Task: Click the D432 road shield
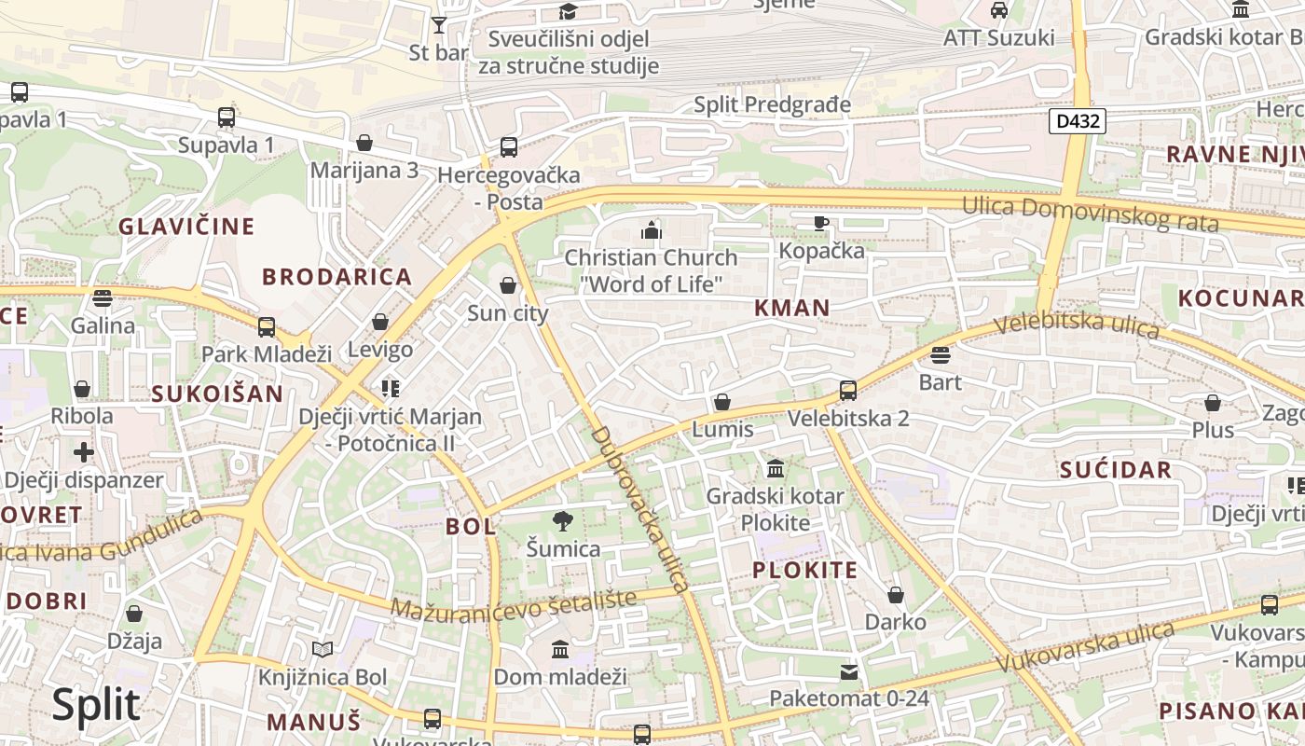(x=1077, y=120)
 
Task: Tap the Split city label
(x=96, y=705)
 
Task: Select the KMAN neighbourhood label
(x=791, y=308)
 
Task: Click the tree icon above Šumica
(x=562, y=521)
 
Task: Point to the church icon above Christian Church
(x=651, y=229)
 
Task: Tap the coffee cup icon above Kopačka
(x=820, y=223)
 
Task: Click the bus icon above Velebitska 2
(x=847, y=391)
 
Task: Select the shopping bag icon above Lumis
(x=721, y=403)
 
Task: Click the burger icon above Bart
(x=940, y=355)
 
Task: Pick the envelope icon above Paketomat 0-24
(x=848, y=671)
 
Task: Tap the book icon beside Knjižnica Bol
(x=323, y=650)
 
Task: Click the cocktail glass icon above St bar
(x=439, y=24)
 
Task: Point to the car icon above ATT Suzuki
(x=998, y=10)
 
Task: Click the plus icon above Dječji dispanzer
(x=83, y=453)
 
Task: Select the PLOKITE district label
(x=804, y=571)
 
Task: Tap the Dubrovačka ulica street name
(x=640, y=509)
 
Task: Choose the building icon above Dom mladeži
(x=559, y=649)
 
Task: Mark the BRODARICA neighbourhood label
(x=337, y=277)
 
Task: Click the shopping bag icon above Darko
(x=895, y=595)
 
